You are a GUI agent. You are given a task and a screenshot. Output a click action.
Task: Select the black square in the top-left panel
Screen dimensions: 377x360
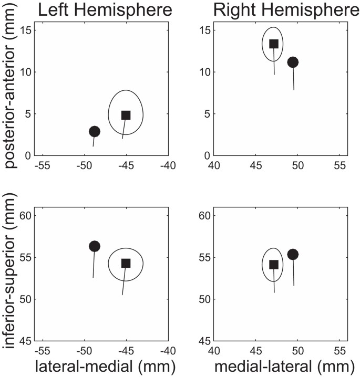click(126, 115)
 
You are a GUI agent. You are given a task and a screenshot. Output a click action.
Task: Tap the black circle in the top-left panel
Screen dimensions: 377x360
click(95, 131)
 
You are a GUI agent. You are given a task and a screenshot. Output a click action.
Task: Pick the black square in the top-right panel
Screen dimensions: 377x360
click(274, 44)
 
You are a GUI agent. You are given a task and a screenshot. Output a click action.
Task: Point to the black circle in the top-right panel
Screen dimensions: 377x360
click(293, 62)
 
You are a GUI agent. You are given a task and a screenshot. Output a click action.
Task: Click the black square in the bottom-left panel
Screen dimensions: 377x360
click(126, 263)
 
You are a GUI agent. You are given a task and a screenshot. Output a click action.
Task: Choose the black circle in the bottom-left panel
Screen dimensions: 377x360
click(95, 246)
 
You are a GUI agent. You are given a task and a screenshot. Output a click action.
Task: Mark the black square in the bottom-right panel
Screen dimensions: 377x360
click(274, 264)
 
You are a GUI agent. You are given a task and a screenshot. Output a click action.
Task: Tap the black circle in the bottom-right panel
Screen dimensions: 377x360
click(293, 254)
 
